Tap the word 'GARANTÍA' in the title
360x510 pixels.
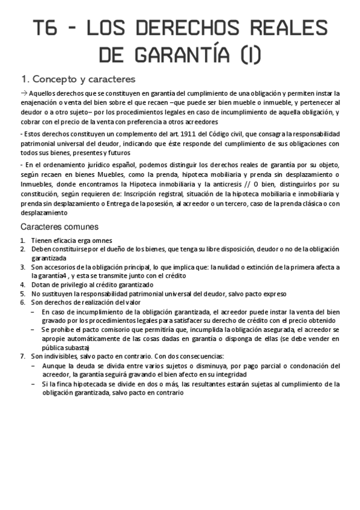coord(178,56)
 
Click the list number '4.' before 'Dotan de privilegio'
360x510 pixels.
coord(23,283)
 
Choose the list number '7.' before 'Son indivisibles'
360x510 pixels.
coord(23,356)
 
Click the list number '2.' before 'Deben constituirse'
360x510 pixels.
coord(23,248)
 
